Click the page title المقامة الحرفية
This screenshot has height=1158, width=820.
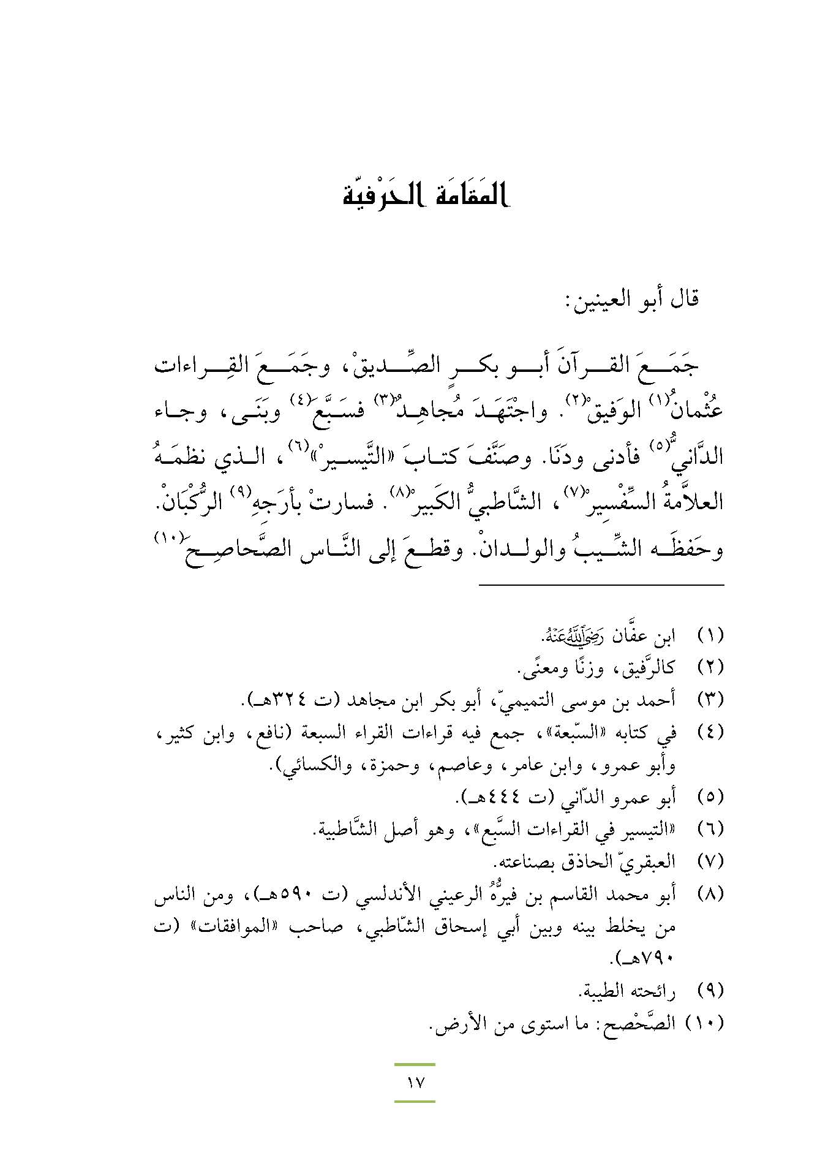(x=426, y=195)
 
